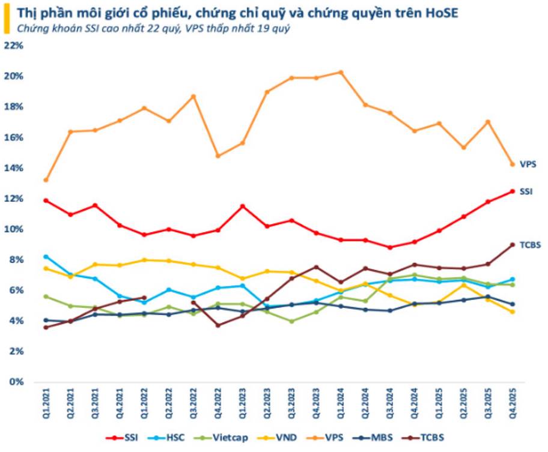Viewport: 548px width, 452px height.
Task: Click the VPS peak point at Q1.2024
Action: (341, 73)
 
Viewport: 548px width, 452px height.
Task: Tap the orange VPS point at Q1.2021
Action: (46, 180)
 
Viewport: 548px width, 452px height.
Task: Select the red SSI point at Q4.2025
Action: (513, 191)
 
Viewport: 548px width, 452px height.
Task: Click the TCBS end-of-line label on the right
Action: (530, 245)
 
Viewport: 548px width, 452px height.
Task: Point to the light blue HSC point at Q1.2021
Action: (46, 257)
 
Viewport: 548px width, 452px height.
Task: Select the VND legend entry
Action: (277, 438)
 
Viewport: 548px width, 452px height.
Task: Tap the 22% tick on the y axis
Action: (13, 46)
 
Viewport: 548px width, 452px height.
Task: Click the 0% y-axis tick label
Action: (16, 382)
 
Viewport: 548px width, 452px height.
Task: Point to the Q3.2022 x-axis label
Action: (193, 403)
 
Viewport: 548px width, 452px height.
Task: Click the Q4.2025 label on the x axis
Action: (513, 403)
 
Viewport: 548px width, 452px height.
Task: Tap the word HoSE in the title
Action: (442, 13)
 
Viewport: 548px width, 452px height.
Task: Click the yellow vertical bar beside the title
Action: (7, 20)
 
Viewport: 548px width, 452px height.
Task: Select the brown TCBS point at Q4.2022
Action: (218, 325)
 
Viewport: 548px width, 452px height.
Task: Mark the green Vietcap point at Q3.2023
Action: (291, 321)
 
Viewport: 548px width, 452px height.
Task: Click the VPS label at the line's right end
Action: (528, 164)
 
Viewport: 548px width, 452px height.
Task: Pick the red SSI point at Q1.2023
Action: (243, 206)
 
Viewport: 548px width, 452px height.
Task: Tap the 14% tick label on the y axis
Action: (13, 168)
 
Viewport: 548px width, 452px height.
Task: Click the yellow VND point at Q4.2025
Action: (513, 312)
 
